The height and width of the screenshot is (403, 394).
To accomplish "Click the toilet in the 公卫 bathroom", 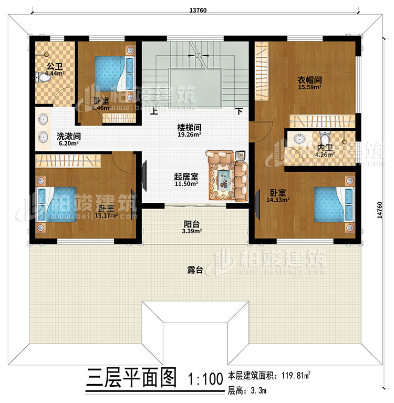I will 42,78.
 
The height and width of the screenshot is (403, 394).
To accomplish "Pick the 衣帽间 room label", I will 310,80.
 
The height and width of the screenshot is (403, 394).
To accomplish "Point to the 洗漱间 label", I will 67,135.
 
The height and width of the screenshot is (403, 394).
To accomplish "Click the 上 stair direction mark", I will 154,111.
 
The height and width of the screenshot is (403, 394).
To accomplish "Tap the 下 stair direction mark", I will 239,111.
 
